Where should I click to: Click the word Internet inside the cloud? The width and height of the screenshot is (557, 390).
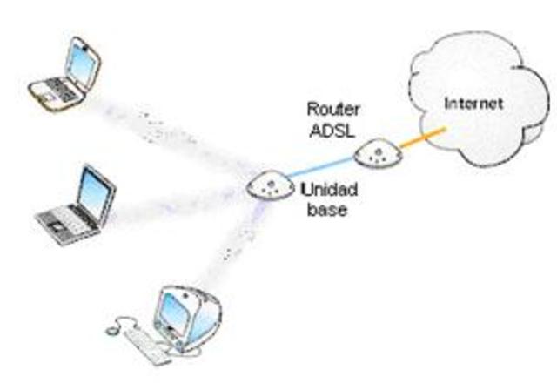473,103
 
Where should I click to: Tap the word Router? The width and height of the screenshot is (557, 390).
328,110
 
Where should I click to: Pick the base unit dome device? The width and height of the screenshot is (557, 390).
269,185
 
